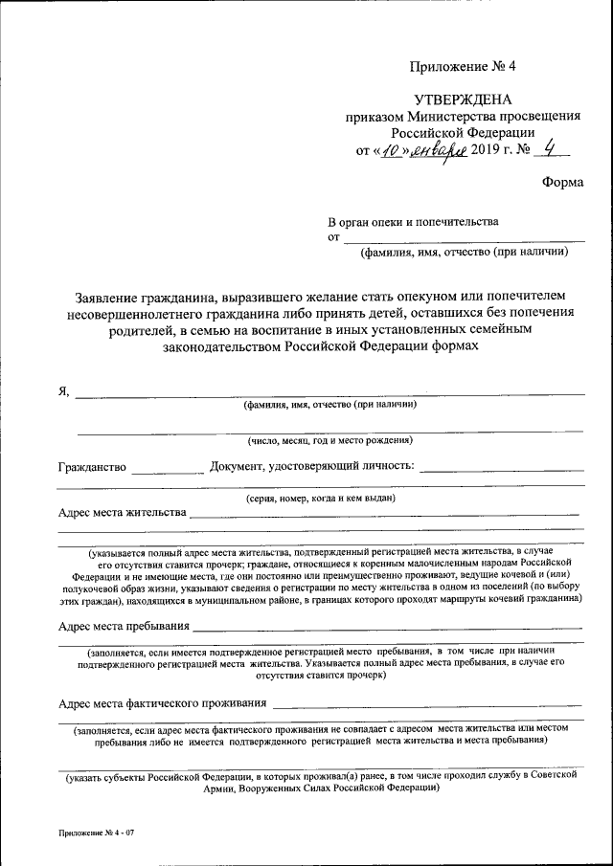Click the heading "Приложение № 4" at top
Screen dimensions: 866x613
(x=463, y=66)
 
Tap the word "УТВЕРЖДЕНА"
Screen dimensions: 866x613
(x=464, y=100)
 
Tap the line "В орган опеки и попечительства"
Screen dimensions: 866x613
(x=413, y=221)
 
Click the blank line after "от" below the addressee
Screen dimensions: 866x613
(x=464, y=237)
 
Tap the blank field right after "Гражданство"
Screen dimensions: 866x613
(x=168, y=468)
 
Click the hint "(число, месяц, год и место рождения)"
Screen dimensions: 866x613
(x=329, y=440)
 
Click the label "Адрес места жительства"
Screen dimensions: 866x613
(x=122, y=512)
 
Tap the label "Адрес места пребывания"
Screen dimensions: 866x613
(x=124, y=627)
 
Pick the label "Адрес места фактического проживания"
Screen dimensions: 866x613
(x=162, y=703)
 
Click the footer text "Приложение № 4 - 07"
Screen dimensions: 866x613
(x=97, y=833)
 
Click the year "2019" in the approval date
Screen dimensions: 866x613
(x=488, y=150)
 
